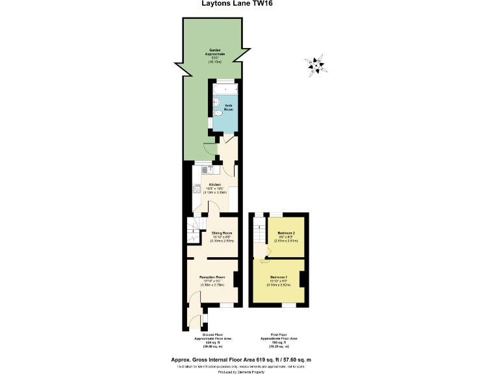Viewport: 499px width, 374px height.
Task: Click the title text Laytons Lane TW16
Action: click(x=249, y=5)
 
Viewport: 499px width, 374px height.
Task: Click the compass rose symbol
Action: click(x=317, y=64)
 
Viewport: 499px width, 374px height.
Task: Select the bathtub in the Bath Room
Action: click(x=225, y=89)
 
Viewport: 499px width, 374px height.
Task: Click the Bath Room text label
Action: click(x=229, y=107)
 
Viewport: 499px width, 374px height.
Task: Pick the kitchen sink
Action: click(x=207, y=169)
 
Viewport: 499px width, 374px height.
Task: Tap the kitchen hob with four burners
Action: click(x=197, y=190)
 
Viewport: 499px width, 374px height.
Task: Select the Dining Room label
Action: click(x=222, y=232)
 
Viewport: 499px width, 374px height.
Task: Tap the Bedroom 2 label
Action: click(x=287, y=232)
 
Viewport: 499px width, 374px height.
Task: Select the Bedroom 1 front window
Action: click(x=288, y=304)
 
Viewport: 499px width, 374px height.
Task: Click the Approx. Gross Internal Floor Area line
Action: click(x=249, y=360)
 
